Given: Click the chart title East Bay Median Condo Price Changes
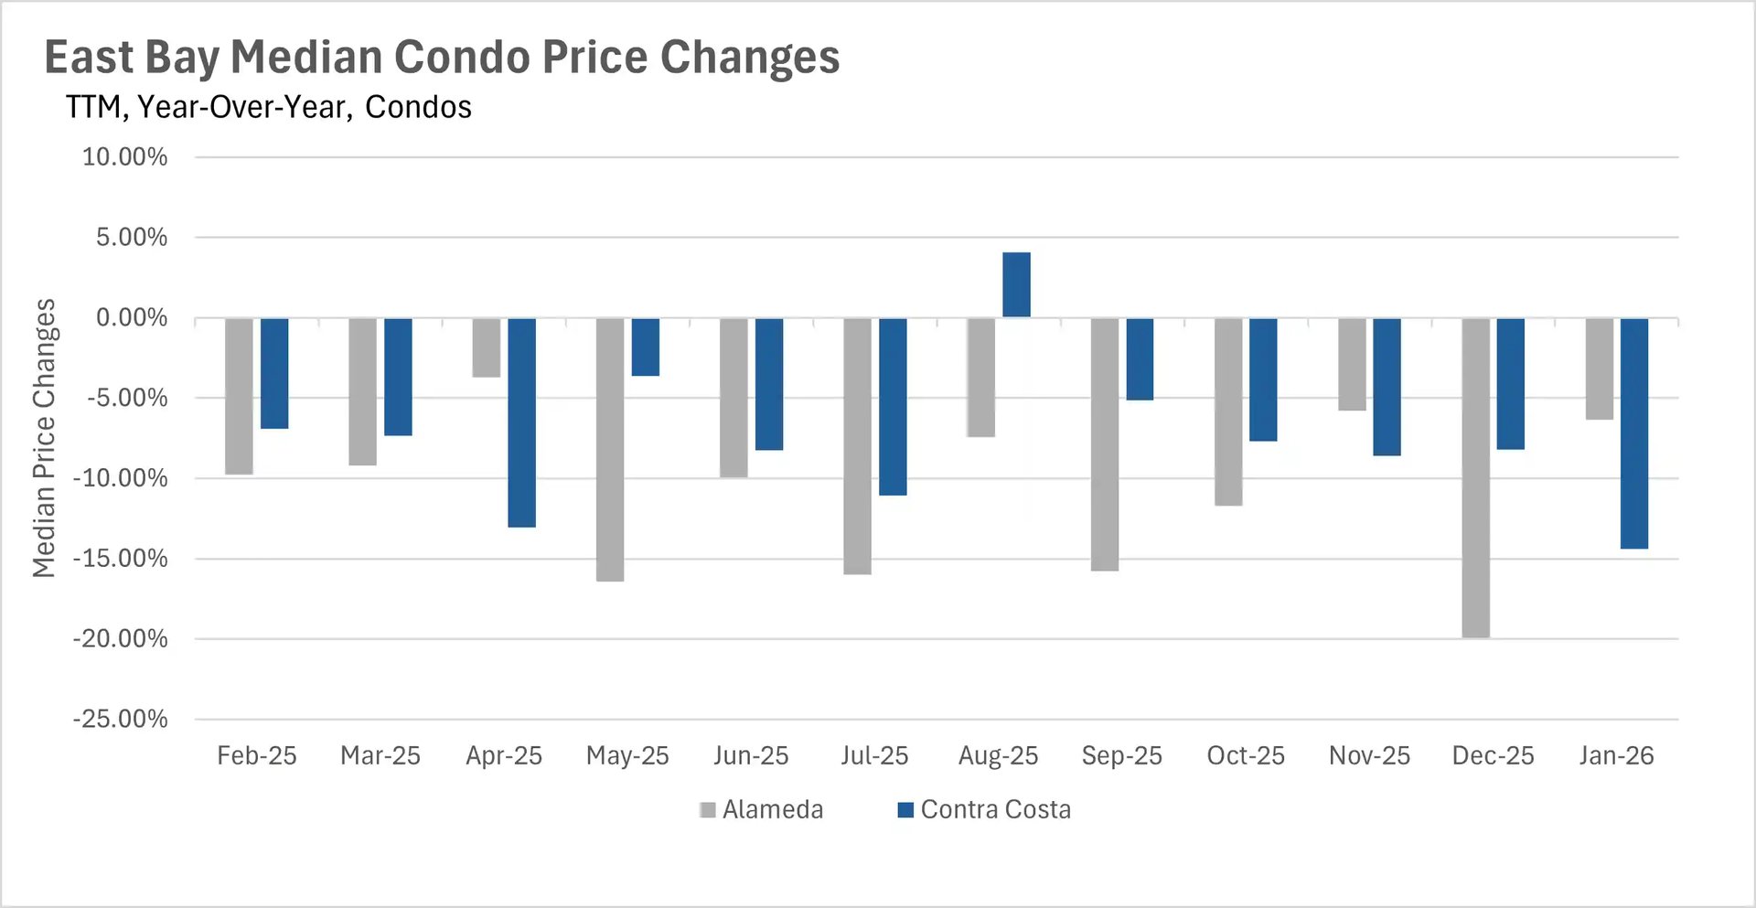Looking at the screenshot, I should point(442,58).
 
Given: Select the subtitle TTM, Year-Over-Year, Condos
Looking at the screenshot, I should point(268,107).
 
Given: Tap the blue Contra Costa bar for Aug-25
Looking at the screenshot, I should point(1016,285).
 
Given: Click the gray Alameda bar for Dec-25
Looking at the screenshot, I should point(1475,477).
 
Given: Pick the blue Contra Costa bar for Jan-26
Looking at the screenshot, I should point(1634,433).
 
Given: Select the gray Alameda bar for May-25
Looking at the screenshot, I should point(610,449).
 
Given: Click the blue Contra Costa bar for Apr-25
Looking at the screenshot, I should point(521,422).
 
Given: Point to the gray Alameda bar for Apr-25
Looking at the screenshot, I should point(487,347).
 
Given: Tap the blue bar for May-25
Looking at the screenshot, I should point(646,347).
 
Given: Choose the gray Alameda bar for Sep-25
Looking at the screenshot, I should point(1105,444).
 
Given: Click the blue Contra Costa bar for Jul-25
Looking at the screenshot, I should point(893,407).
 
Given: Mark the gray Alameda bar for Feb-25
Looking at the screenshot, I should point(239,396).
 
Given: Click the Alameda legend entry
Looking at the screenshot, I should point(761,809).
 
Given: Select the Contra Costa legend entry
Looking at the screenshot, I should point(984,809).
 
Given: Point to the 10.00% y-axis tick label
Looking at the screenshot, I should point(125,157).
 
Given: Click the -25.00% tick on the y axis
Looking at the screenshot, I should point(121,719).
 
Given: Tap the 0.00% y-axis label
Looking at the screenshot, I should point(132,318).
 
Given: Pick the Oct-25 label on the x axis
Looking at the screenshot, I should point(1246,756).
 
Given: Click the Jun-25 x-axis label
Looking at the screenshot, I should point(751,756).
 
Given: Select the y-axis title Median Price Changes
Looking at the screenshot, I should point(44,438).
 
